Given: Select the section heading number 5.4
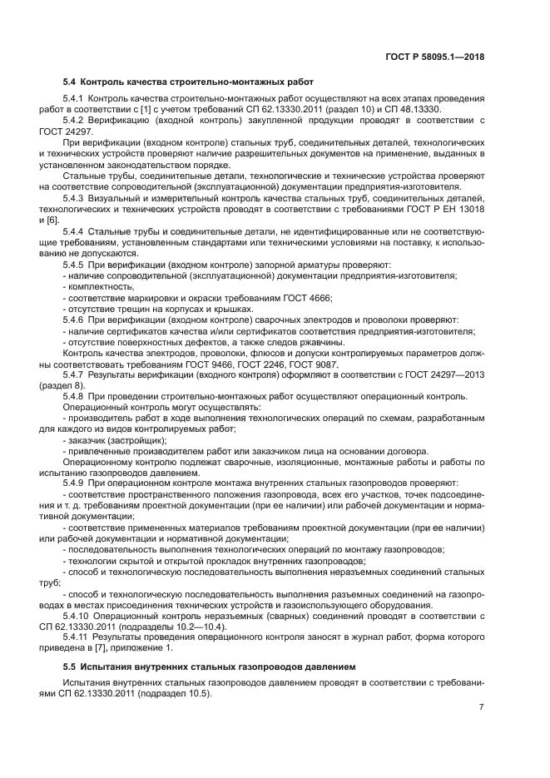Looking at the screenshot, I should [x=70, y=82].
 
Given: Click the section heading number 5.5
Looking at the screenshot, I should [x=70, y=667].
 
